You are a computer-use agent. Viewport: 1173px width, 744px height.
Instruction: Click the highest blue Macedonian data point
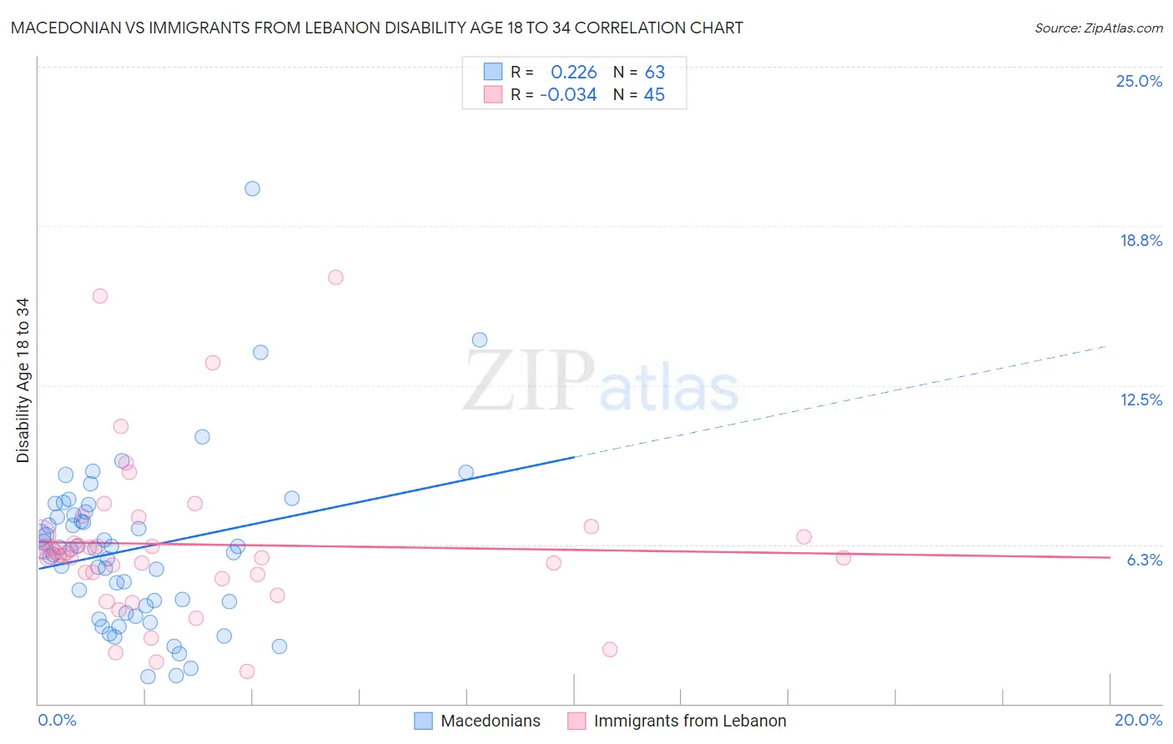pos(252,189)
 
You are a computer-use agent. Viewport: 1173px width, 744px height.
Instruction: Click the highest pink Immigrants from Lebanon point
pos(335,277)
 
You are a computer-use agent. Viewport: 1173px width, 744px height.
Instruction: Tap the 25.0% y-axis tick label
pos(1139,81)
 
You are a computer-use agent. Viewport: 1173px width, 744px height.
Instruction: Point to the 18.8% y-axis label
pos(1140,240)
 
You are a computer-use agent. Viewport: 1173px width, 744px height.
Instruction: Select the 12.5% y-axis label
pos(1140,400)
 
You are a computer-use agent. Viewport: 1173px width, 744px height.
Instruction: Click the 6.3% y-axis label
pos(1144,560)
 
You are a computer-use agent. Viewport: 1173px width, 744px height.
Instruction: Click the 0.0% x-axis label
pos(57,720)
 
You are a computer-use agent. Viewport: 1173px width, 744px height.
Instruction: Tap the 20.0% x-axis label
pos(1138,720)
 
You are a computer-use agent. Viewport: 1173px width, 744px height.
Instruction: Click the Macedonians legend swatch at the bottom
pos(424,721)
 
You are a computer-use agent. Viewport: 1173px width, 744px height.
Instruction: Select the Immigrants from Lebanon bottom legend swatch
pos(576,721)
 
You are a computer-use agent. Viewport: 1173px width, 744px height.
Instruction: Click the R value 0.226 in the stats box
pos(574,72)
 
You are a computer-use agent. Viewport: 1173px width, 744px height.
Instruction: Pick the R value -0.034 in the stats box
pos(568,95)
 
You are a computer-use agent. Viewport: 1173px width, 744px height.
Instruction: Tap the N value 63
pos(655,72)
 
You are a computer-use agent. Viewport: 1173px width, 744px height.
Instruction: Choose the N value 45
pos(654,95)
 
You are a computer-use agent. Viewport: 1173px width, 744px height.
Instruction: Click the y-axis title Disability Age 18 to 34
pos(23,380)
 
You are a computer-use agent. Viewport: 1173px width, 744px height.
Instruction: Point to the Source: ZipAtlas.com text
pos(1098,28)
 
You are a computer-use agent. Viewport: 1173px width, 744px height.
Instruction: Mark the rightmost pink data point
pos(843,557)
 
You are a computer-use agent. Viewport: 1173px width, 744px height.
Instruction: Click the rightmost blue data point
pos(480,339)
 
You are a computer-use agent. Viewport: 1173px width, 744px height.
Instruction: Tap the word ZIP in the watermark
pos(529,382)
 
